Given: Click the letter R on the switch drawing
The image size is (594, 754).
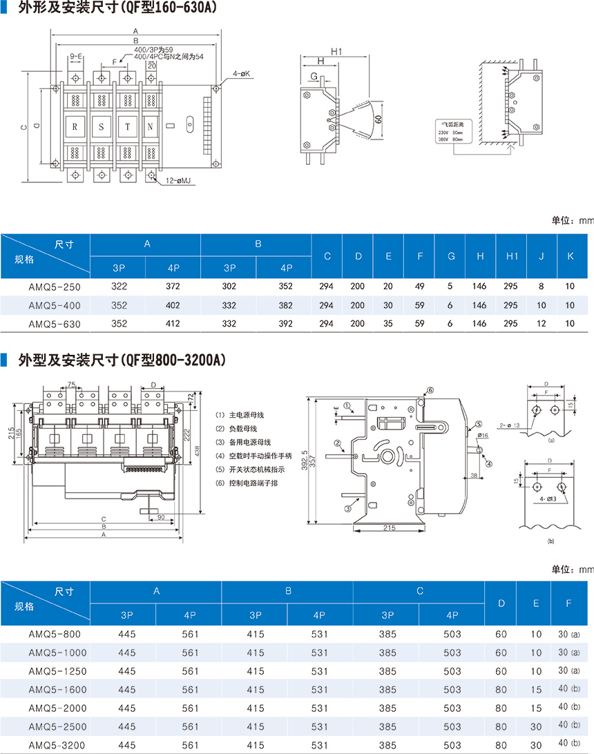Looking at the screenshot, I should [x=75, y=127].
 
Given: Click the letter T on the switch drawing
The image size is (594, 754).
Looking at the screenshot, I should [x=127, y=127].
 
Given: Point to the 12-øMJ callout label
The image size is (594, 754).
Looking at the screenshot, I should [x=178, y=181].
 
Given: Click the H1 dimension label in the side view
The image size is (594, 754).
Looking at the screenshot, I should [x=337, y=51].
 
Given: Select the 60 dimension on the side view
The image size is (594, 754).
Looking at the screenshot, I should [x=378, y=119].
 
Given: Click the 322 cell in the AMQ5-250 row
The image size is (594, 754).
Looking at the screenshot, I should [x=119, y=286].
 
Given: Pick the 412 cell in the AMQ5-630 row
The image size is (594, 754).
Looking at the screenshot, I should [x=173, y=323].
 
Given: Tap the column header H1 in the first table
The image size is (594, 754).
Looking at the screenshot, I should [x=512, y=256].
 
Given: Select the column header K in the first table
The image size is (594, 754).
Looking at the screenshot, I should [x=570, y=256].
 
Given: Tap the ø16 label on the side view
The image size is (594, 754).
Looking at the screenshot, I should [x=482, y=435].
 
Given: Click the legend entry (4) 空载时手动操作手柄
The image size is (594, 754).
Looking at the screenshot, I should [x=255, y=456].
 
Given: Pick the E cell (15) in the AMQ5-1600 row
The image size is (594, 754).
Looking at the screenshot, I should [x=536, y=689].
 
